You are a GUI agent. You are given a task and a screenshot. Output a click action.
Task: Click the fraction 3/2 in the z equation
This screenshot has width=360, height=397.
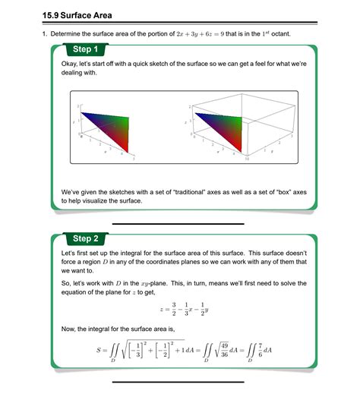pos(174,309)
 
